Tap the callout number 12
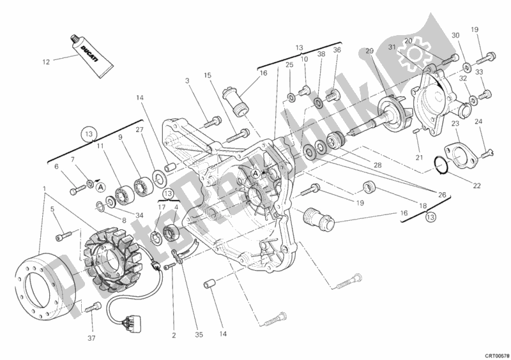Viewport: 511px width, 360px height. tap(45, 62)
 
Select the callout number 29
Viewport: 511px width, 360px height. tap(369, 51)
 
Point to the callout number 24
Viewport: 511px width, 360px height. tap(478, 121)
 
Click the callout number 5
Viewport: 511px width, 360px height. tap(53, 209)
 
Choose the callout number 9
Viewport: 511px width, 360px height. tap(119, 137)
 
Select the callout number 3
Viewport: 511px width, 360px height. tap(188, 80)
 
